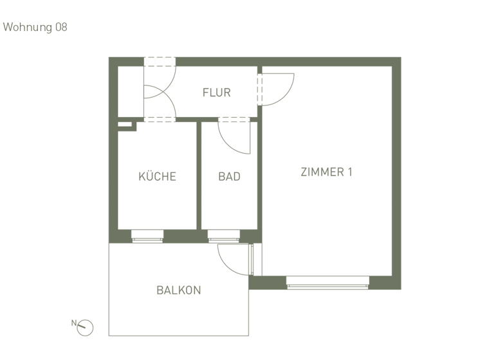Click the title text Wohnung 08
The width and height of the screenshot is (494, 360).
click(x=35, y=27)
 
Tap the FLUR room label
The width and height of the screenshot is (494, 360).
click(x=216, y=93)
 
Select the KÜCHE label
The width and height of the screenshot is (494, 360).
click(x=157, y=176)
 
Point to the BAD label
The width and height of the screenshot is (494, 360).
click(x=229, y=176)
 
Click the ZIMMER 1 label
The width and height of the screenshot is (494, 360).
click(x=327, y=172)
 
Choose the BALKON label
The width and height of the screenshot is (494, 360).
click(x=178, y=290)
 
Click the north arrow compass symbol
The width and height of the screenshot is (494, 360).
click(x=86, y=328)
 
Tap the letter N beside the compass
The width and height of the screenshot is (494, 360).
click(x=74, y=323)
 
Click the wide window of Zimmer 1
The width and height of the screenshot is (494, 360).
click(x=327, y=283)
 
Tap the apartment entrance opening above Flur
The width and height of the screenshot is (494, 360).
click(x=160, y=62)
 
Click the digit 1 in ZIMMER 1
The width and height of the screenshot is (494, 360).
click(x=349, y=172)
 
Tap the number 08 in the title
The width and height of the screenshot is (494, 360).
click(x=60, y=27)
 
